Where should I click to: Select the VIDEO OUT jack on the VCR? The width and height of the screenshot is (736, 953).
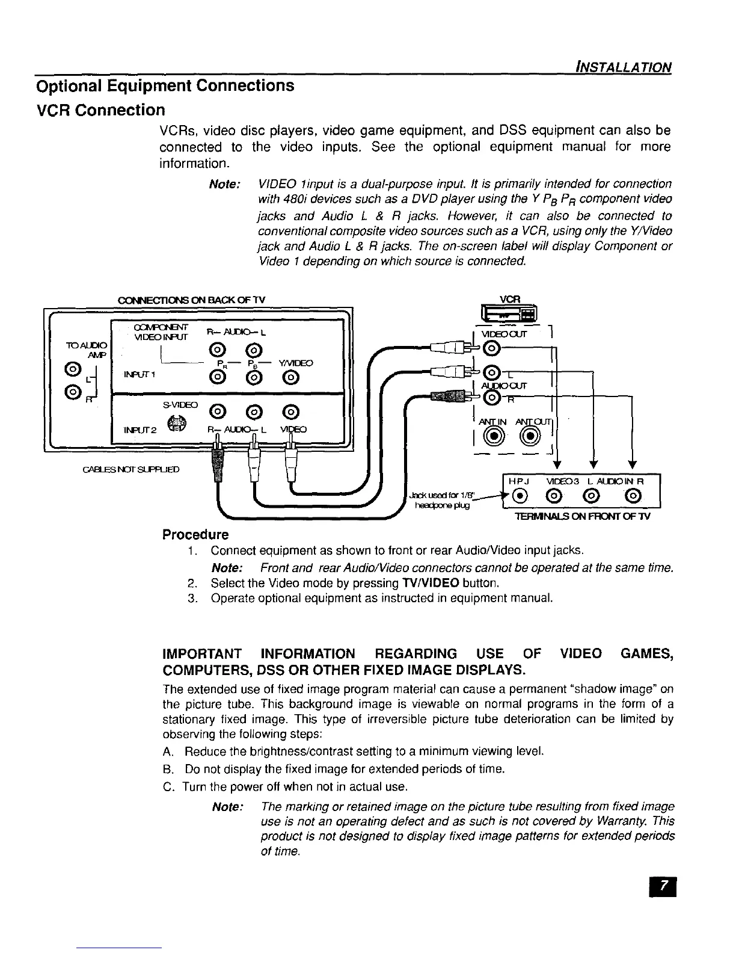492,348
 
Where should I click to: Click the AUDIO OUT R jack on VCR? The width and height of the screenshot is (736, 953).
492,397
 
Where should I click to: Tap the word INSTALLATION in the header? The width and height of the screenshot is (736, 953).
622,67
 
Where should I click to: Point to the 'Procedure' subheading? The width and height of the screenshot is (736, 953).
195,535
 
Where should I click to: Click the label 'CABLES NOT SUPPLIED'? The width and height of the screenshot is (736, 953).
130,469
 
